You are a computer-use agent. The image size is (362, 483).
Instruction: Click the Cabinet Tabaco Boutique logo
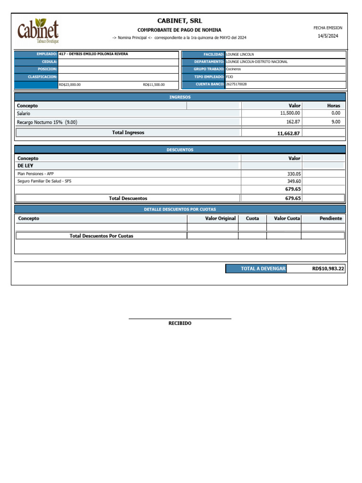38,31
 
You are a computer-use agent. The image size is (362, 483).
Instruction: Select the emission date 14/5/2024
328,36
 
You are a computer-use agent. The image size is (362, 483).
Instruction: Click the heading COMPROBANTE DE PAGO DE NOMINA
179,30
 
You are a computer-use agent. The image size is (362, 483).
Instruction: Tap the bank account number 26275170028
236,84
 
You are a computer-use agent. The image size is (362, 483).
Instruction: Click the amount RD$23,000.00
69,85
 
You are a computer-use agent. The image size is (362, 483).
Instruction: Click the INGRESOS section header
180,97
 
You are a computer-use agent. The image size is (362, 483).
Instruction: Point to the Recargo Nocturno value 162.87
293,122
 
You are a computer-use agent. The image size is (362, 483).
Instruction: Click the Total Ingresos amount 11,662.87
288,133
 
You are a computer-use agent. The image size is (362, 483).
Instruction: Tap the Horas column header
333,106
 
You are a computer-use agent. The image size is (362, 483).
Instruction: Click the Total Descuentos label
128,199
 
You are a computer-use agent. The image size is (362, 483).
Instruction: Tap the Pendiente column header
330,218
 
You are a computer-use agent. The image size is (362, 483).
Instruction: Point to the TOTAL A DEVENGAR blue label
263,268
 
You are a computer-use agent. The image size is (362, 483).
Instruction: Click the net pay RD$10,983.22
328,268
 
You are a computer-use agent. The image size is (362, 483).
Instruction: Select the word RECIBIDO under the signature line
180,324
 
